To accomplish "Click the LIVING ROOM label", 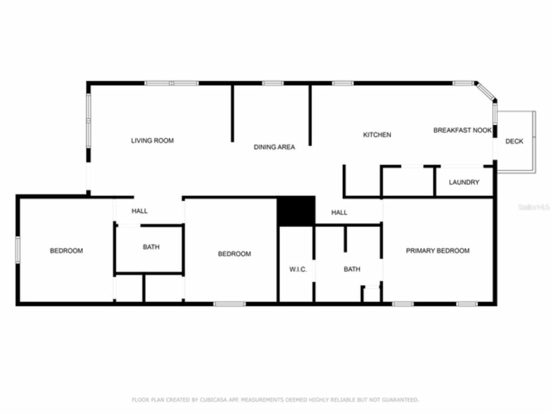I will coord(152,141).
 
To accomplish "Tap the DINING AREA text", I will coord(274,147).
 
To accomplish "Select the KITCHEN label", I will coord(377,135).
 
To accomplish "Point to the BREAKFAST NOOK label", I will coord(462,130).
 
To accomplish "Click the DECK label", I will coord(514,141).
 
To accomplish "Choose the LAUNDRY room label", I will coord(464,182).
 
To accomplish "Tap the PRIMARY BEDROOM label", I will coord(437,251).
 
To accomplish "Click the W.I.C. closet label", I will coord(298,270).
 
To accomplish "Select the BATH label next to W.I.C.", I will coord(352,269).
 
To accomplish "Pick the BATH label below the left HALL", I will coord(151,247).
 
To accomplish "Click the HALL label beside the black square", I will coord(339,213).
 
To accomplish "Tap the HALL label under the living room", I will coord(139,211).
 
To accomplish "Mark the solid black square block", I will coord(296,210).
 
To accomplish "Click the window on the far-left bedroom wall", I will coord(18,249).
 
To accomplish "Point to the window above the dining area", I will coord(273,83).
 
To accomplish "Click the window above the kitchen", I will coord(343,83).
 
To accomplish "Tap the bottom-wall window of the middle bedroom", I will coord(229,304).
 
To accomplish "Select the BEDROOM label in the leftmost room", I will coord(66,251).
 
